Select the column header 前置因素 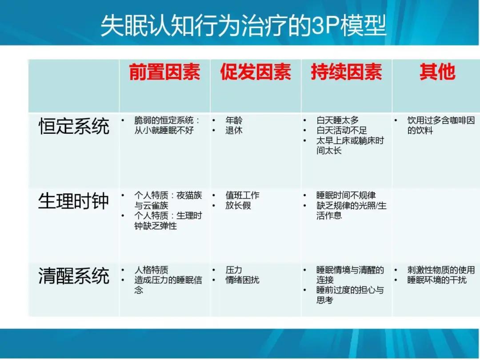click(164, 72)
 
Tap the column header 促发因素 click(256, 72)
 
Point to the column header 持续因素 click(346, 72)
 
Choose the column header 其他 click(437, 72)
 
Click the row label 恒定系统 click(74, 126)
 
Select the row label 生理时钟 click(74, 201)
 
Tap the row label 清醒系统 click(74, 276)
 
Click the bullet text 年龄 click(234, 121)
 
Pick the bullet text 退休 click(234, 131)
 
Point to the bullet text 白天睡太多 click(337, 121)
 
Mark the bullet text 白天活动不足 click(341, 131)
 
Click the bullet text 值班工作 click(242, 196)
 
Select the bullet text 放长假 click(238, 206)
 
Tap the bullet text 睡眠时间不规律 click(346, 196)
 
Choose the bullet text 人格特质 click(151, 270)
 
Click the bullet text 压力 click(234, 270)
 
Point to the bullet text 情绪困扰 click(242, 280)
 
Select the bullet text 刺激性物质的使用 click(441, 270)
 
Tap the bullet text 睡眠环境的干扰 click(437, 280)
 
